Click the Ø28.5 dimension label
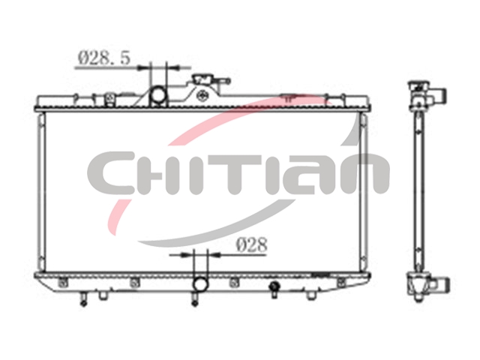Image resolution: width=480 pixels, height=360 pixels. click(104, 58)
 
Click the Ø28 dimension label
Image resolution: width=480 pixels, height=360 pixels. click(252, 245)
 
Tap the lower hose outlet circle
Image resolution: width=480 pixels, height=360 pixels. click(200, 283)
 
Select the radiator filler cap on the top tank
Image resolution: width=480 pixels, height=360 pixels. click(204, 80)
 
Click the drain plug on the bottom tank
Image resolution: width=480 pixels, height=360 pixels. click(274, 289)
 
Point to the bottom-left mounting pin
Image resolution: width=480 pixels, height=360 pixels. click(83, 299)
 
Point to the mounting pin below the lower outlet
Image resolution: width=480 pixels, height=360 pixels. click(194, 299)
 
